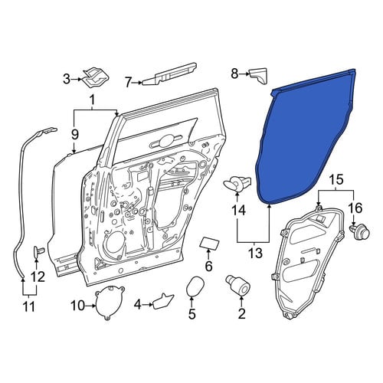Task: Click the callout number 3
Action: pos(67,79)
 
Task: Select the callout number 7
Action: pos(129,82)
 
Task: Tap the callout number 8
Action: pos(234,74)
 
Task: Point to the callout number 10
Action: pos(77,306)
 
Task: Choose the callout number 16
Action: pos(355,208)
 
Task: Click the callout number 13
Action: pos(256,253)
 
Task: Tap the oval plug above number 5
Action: pos(195,287)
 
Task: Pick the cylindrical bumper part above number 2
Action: pos(238,285)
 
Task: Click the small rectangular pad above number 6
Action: pos(209,243)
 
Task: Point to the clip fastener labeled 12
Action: pos(39,251)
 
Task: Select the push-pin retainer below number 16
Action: pos(359,231)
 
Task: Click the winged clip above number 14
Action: pos(237,184)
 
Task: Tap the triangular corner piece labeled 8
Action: pos(258,75)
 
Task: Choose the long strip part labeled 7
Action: pos(170,74)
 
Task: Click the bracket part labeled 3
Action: pos(96,77)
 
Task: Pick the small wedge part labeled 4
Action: pos(163,302)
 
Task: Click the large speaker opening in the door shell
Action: pos(114,244)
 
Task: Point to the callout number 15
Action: pos(336,180)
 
